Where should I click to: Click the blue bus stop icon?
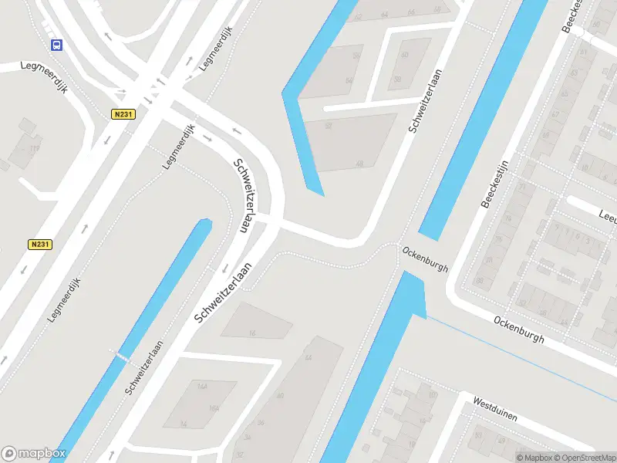point(56,45)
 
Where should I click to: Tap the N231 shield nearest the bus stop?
point(122,113)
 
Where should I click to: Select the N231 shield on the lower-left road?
point(41,244)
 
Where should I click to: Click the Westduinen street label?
point(494,409)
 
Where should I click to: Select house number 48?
point(359,164)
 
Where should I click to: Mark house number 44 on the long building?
point(308,358)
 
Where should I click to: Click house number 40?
point(279,395)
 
